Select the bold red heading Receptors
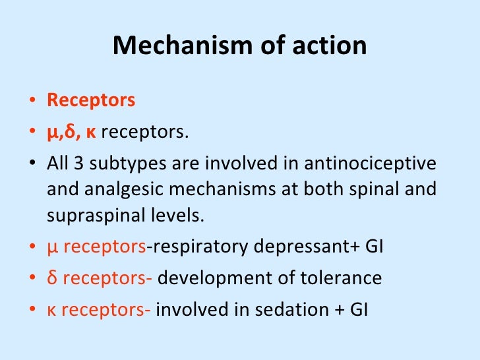click(91, 100)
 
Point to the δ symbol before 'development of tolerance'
click(51, 278)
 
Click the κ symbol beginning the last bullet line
click(51, 309)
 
